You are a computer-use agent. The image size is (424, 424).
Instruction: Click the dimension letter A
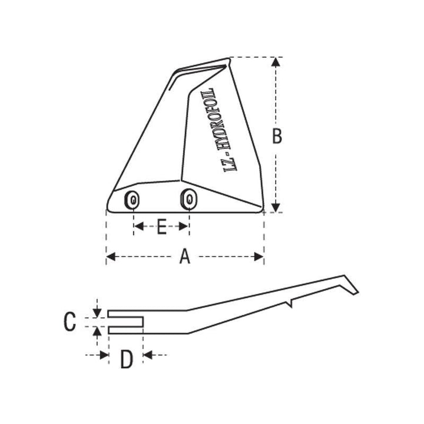coord(185,257)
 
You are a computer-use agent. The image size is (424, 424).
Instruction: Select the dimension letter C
coord(69,322)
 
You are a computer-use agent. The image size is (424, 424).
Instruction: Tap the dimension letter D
coord(126,359)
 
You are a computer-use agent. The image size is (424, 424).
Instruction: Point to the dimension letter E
coord(161,226)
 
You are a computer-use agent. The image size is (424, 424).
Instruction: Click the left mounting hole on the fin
coord(133,201)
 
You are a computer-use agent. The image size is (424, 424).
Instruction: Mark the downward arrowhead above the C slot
coord(97,311)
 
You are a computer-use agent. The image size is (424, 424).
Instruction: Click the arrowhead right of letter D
coord(148,355)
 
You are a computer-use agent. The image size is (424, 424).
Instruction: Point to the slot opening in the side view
coord(126,322)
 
